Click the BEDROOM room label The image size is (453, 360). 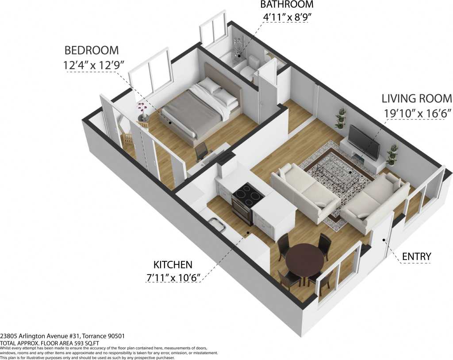click(x=92, y=50)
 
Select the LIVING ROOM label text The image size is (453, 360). click(x=417, y=98)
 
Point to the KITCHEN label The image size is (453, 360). click(x=173, y=265)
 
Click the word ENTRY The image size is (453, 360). click(x=416, y=256)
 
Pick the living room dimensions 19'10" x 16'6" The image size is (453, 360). click(x=417, y=113)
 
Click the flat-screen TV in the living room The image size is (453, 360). click(x=364, y=142)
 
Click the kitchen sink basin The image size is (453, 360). click(x=217, y=225)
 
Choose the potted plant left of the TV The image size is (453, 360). click(x=341, y=118)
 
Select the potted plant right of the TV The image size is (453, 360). click(x=392, y=154)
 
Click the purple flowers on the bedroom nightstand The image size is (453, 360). click(x=142, y=108)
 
